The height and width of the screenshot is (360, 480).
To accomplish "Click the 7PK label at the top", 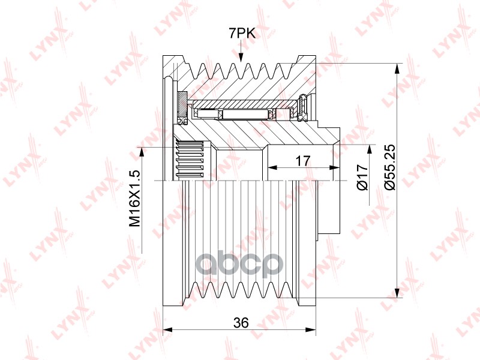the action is tap(242, 33).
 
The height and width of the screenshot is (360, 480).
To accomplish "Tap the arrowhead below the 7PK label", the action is tap(241, 57).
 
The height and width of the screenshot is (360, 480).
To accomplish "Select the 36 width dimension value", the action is tap(241, 323).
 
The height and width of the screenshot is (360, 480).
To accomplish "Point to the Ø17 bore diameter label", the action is tap(362, 177).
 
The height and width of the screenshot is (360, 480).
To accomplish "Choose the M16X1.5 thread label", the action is tap(134, 199).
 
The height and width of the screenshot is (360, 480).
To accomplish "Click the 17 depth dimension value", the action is tap(303, 161).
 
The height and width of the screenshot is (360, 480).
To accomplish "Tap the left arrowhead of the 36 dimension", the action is tap(167, 329).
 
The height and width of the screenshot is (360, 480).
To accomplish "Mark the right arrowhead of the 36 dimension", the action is tap(311, 329).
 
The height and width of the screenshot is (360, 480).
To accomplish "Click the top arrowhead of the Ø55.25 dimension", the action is tap(397, 68).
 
